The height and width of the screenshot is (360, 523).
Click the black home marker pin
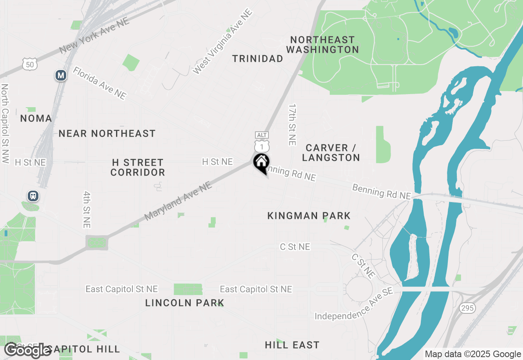point(261,163)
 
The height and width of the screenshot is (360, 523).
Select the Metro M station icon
point(61,75)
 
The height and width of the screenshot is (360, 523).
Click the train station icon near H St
point(33,196)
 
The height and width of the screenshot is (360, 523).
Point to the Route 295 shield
point(467,308)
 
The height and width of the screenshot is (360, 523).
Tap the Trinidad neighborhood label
point(257,59)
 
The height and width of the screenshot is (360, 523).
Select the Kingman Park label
point(309,216)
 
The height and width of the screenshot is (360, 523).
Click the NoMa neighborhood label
point(36,119)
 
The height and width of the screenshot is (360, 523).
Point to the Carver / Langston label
point(331,153)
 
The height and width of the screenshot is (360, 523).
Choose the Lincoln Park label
point(185,303)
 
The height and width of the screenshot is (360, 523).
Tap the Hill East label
point(292,345)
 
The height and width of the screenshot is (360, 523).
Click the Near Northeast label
point(107,133)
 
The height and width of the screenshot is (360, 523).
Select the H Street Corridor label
point(138,167)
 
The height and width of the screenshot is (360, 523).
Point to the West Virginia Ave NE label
point(223,41)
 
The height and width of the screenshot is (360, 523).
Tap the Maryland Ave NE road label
point(178,201)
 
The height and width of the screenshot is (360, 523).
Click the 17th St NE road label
point(292,124)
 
